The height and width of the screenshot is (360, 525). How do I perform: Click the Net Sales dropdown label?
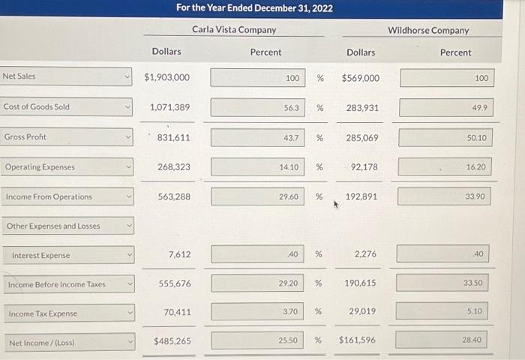tap(66, 76)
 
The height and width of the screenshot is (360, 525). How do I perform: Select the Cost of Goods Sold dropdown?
tap(66, 106)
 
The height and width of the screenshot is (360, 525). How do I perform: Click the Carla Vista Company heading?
tap(234, 30)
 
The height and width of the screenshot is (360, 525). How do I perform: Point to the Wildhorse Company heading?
tap(428, 31)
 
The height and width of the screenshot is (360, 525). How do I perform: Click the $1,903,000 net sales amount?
tap(166, 78)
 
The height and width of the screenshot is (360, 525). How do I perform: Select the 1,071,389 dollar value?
tap(169, 108)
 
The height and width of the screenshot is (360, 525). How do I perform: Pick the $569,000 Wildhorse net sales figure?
tap(360, 78)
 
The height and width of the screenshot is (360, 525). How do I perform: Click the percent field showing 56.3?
tap(257, 108)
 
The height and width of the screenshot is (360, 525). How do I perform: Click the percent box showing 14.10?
tap(257, 167)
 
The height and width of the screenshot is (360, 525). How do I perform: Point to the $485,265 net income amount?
tap(172, 340)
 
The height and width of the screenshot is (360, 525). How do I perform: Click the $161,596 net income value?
tap(357, 340)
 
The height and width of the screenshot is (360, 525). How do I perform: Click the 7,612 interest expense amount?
tap(179, 255)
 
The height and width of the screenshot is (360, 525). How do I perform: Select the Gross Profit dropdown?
tap(66, 137)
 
